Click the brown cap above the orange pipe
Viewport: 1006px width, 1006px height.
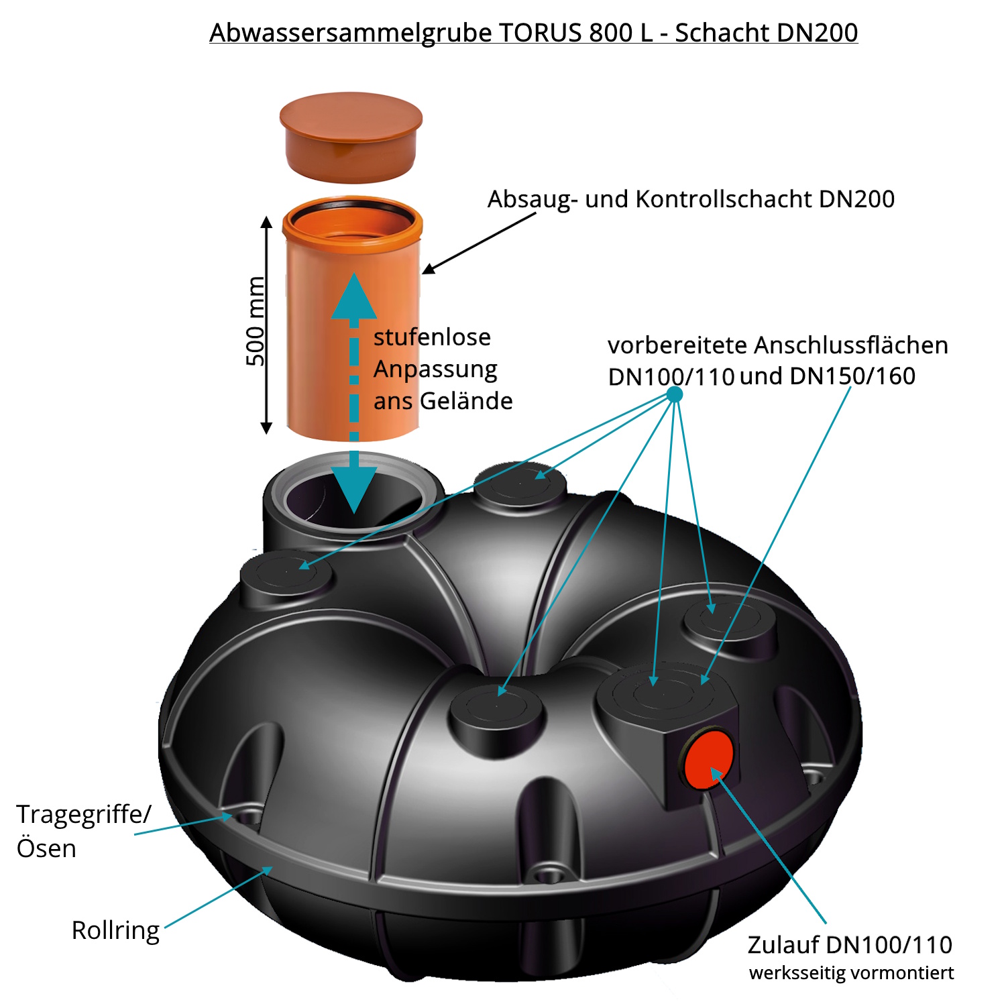coord(351,137)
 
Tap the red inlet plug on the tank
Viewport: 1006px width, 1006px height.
coord(708,761)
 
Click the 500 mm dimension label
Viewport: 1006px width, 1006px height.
coord(255,321)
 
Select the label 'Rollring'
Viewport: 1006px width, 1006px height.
coord(115,930)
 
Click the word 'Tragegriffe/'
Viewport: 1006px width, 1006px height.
coord(84,814)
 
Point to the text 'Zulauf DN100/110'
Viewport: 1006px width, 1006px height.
coord(850,944)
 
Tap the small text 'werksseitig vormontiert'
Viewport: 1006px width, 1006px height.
coord(851,973)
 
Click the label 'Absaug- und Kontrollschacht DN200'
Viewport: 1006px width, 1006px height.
coord(691,199)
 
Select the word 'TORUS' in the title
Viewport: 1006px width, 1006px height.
coord(541,33)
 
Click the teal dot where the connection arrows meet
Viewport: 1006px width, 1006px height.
coord(675,394)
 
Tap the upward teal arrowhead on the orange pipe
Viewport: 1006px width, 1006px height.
coord(353,297)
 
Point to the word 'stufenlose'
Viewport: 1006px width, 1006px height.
coord(432,337)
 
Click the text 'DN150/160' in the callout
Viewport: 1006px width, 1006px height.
coord(852,376)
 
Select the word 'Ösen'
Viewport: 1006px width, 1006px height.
coord(46,848)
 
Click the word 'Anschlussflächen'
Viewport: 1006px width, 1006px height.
coord(851,345)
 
